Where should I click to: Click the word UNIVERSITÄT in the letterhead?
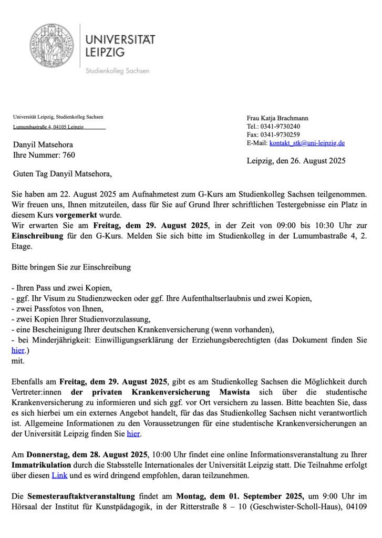pyautogui.click(x=120, y=40)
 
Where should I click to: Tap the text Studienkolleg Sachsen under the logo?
pyautogui.click(x=117, y=70)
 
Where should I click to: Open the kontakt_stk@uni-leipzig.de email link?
pyautogui.click(x=307, y=143)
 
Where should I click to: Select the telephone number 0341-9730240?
pyautogui.click(x=281, y=126)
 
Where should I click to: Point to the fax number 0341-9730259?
pyautogui.click(x=281, y=134)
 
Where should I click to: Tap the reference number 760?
pyautogui.click(x=69, y=155)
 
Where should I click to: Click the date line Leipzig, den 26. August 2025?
pyautogui.click(x=296, y=161)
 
